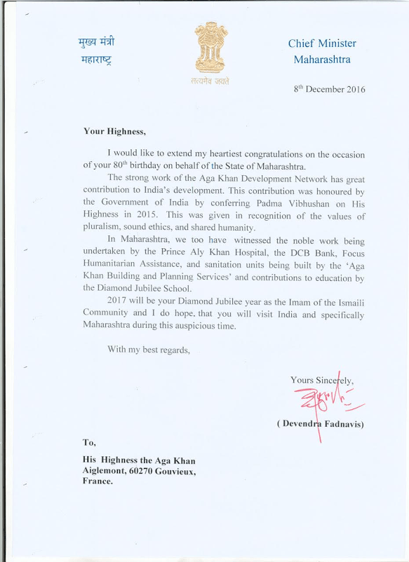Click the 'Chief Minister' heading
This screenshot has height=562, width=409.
click(x=322, y=43)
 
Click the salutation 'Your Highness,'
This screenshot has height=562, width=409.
click(x=114, y=131)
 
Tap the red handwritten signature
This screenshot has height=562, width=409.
click(x=322, y=403)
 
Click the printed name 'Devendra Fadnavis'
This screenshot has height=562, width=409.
click(x=322, y=425)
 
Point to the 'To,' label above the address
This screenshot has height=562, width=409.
click(x=89, y=442)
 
